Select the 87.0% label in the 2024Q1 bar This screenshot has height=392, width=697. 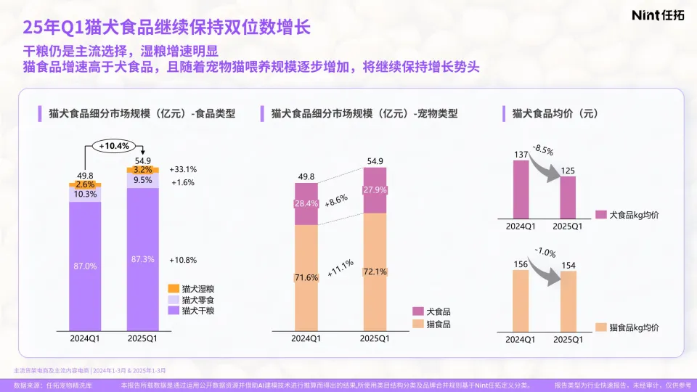(85, 266)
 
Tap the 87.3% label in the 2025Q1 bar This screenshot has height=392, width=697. (142, 260)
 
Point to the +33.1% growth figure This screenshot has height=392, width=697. (182, 169)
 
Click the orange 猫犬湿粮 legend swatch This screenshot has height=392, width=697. (173, 288)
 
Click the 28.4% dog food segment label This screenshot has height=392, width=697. (306, 203)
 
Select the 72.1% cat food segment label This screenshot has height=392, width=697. (375, 271)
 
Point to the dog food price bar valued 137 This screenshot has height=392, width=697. (521, 189)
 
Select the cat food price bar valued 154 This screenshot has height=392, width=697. (568, 301)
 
